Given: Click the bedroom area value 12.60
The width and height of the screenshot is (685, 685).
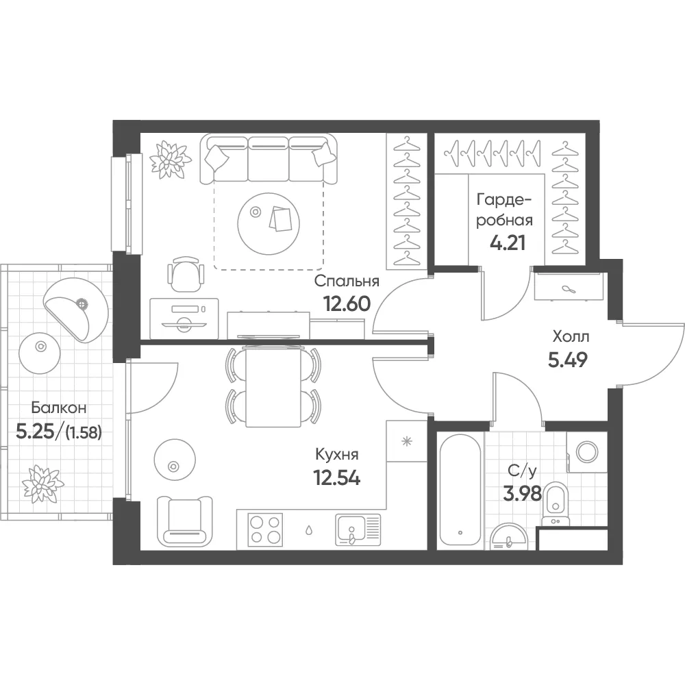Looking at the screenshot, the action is coord(347,303).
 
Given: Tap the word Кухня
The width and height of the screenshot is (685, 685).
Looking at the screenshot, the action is coord(337,455).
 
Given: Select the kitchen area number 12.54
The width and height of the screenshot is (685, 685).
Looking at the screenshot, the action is coord(337,477).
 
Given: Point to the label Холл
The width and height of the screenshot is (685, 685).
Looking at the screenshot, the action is coord(571,337).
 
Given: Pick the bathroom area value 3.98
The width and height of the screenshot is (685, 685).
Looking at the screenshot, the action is coord(523,494).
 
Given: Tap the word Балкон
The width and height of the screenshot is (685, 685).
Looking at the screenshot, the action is coord(59,408).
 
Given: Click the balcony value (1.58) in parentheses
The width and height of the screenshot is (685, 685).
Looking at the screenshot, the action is coord(83,433).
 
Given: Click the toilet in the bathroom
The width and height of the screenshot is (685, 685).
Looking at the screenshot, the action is coord(556,503).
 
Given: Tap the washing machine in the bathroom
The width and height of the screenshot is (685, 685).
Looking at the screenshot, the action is coord(587,452).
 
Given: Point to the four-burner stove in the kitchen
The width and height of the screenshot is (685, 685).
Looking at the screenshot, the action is coord(264,530).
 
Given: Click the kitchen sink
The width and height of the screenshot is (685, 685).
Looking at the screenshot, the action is coord(358,530).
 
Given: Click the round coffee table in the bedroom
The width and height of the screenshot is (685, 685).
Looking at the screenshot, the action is coord(269,224).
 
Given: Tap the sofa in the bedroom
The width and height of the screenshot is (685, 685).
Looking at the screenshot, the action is coord(269,159).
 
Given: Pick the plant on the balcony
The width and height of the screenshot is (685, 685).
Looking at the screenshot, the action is coord(42,484).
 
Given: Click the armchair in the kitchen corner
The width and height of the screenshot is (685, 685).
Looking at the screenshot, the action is coord(184,521).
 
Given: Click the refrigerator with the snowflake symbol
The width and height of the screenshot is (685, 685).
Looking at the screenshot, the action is coord(407,441).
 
